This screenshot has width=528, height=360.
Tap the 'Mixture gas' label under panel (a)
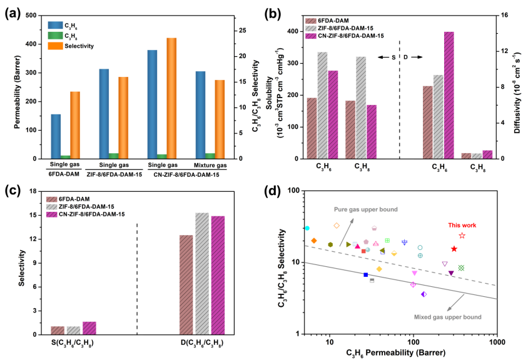point(192,164)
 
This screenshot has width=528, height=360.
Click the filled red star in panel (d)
point(454,249)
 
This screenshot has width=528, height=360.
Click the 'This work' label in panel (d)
point(462,226)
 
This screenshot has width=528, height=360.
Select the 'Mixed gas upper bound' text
point(448,317)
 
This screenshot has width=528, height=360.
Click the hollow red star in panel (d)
point(462,236)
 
